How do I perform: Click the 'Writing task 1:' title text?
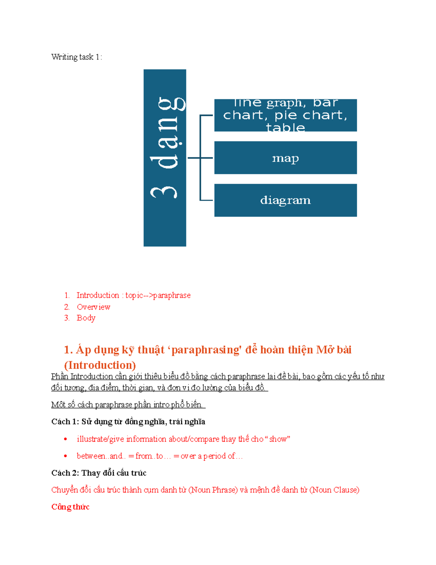[76, 57]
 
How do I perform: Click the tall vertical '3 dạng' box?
[165, 158]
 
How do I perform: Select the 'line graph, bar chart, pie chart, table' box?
[286, 115]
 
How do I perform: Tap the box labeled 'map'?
[286, 158]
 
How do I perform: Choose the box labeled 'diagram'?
[286, 200]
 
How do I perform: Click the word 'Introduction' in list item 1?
[98, 295]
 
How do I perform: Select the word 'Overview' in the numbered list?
[93, 307]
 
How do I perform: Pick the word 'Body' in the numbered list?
[86, 318]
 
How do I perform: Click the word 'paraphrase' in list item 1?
[172, 295]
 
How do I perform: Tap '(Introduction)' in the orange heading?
[100, 365]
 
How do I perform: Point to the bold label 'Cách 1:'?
[65, 422]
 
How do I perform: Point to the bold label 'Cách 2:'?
[65, 473]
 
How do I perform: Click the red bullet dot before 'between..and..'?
[65, 456]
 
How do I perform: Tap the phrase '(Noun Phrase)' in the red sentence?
[213, 490]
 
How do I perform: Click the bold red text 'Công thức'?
[70, 507]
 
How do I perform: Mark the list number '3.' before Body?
[67, 318]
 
